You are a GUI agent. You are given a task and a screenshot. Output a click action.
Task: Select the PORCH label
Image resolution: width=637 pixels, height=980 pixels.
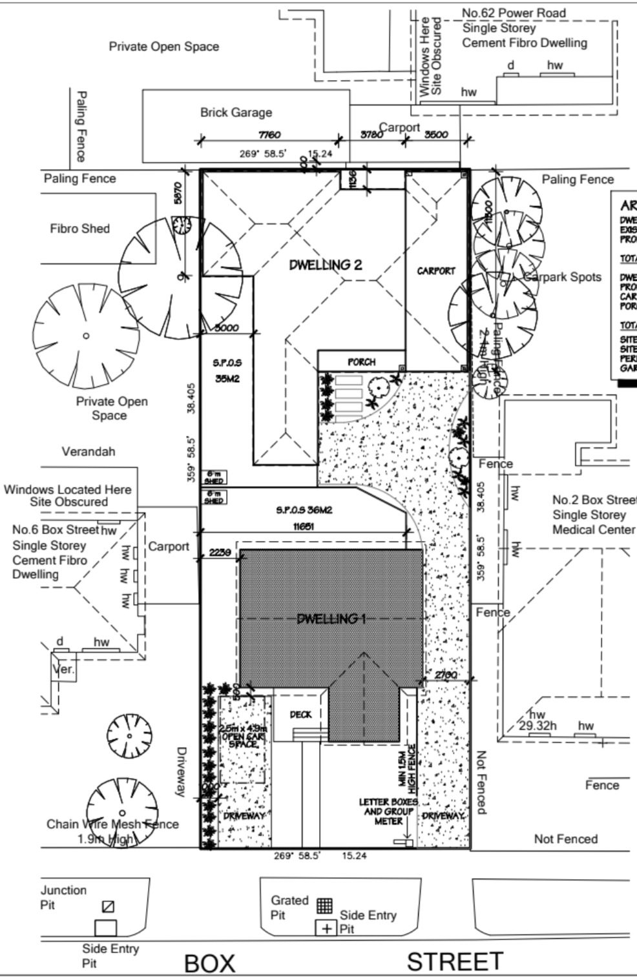point(361,362)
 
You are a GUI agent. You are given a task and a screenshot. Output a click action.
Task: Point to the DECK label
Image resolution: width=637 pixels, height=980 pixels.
point(300,715)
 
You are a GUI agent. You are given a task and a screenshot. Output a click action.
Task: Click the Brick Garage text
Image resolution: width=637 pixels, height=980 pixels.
point(236,112)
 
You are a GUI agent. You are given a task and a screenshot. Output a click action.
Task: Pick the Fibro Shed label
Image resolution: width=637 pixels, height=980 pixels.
point(79,229)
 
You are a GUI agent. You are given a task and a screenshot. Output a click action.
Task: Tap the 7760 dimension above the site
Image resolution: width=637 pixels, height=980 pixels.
point(269,135)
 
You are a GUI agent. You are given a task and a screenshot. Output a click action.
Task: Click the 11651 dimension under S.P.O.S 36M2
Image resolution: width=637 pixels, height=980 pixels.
point(304,527)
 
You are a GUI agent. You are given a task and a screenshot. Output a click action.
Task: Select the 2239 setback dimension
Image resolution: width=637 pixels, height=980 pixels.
point(220,553)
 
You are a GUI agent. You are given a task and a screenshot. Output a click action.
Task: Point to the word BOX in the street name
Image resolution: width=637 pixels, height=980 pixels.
point(209,963)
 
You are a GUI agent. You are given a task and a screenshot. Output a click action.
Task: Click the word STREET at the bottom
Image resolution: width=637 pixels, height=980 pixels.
point(454,962)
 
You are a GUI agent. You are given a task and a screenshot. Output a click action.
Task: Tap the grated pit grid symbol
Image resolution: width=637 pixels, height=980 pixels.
point(324,905)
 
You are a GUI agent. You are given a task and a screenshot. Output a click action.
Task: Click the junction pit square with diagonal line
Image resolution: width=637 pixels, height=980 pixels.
point(109,906)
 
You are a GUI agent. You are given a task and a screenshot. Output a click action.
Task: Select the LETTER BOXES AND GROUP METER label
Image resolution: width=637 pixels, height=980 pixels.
point(388,812)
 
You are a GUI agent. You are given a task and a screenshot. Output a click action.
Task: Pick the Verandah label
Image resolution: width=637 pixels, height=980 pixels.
point(89,452)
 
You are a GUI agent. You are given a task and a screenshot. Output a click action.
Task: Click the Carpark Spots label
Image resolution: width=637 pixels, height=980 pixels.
point(562,277)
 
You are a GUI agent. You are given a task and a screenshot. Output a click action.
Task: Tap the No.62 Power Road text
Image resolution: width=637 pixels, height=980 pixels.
point(514,13)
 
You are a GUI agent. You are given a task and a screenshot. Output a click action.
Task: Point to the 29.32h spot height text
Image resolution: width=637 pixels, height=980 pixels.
point(538,726)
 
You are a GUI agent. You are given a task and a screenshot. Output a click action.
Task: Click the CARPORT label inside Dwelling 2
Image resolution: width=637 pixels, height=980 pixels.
point(436,271)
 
